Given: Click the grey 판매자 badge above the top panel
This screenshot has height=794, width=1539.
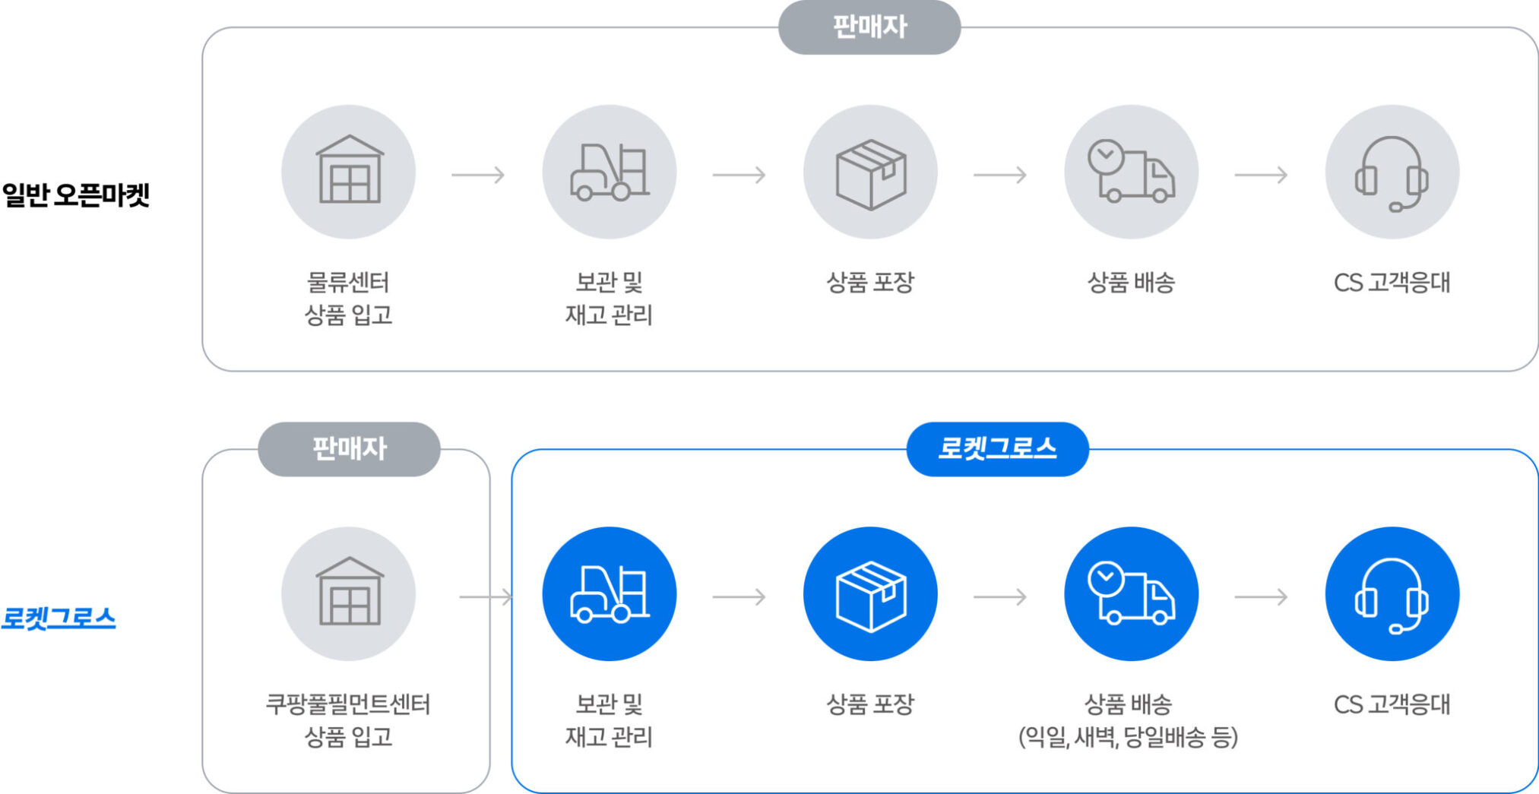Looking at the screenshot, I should coord(869,27).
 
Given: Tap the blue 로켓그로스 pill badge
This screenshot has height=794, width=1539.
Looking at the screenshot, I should coord(997,448).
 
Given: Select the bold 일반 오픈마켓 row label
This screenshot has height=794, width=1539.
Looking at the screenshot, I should coord(76,195).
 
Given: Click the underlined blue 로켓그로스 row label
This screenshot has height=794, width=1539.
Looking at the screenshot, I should coord(59,618).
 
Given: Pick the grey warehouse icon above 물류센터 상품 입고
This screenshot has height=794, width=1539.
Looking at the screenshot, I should coord(349,172).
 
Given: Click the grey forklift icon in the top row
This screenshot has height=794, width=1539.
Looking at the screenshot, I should coord(609,172).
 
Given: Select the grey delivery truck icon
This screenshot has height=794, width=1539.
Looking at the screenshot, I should coord(1131,172).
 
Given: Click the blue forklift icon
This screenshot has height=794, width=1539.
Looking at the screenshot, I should coord(609,594).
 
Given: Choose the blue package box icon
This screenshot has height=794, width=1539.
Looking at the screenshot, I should coord(870,595).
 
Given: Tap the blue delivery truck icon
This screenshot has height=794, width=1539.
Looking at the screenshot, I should coord(1131,594).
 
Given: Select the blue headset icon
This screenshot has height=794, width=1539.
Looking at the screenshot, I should coord(1392,595).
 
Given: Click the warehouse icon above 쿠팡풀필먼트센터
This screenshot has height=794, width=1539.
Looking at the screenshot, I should coord(349,594).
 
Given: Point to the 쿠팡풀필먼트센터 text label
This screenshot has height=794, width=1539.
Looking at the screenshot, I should coord(348,704).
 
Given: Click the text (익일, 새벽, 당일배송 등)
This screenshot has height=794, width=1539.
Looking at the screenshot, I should coord(1129,737).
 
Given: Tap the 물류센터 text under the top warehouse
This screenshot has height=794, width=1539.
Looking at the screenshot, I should coord(348,283).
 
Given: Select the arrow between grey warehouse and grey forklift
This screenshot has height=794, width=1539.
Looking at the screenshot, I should coord(478,176).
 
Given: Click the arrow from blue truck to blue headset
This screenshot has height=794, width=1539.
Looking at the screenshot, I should coord(1261,597).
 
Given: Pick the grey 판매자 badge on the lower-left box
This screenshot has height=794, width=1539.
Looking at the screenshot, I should coord(349,449).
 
